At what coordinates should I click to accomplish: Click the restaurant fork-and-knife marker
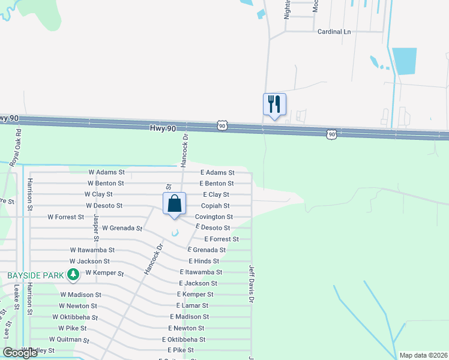click(x=274, y=104)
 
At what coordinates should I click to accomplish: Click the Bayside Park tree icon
click(x=73, y=275)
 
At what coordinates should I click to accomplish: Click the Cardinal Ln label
click(x=334, y=31)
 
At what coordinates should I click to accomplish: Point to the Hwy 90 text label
click(x=163, y=128)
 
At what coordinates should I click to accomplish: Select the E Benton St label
click(x=217, y=183)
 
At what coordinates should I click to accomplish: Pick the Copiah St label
click(x=215, y=206)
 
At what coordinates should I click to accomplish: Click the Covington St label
click(x=214, y=217)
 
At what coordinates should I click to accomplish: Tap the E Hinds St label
click(x=204, y=261)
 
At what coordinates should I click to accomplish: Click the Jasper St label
click(x=95, y=221)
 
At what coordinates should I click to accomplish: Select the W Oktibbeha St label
click(x=74, y=317)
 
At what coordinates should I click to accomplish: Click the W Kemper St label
click(x=104, y=273)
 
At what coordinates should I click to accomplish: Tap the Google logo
click(x=20, y=353)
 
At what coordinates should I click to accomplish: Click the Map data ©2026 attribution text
click(x=423, y=355)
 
